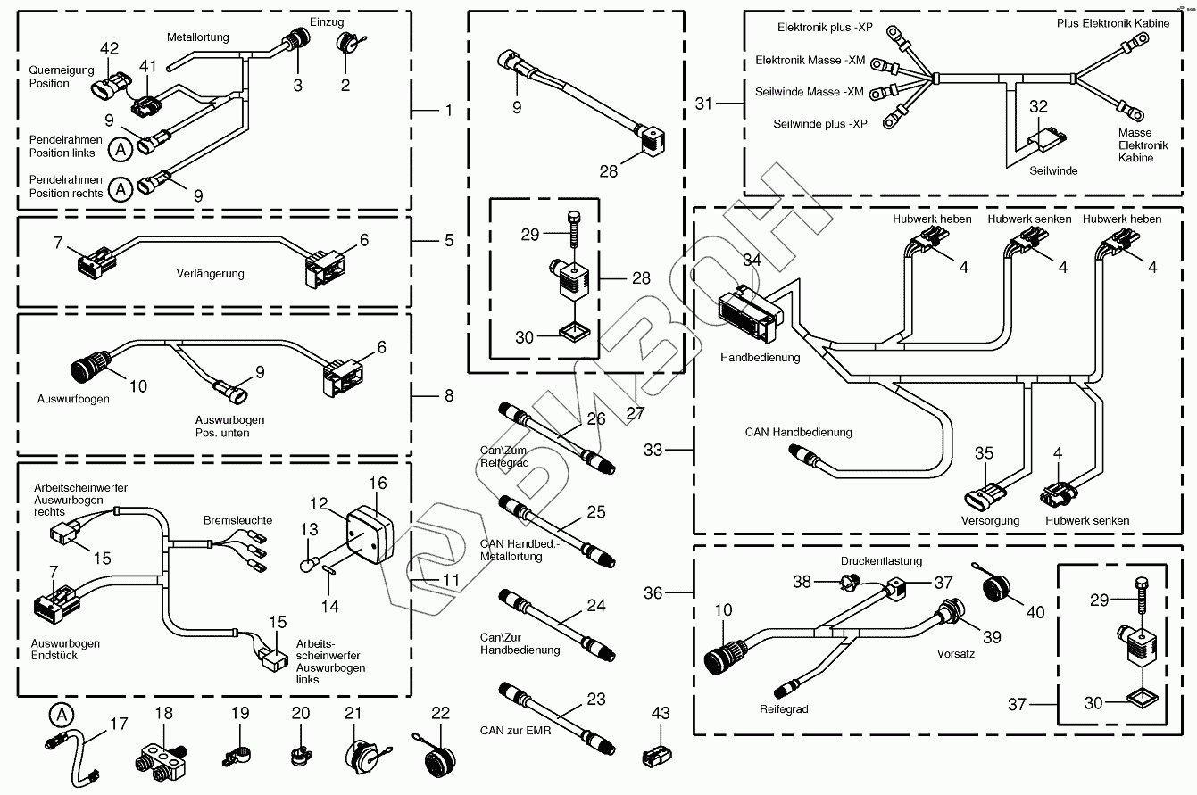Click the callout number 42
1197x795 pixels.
pyautogui.click(x=109, y=48)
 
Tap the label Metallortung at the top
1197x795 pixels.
pyautogui.click(x=197, y=37)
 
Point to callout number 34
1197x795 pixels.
pyautogui.click(x=752, y=261)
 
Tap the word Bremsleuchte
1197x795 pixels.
pyautogui.click(x=237, y=520)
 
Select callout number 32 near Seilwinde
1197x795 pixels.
pyautogui.click(x=1038, y=107)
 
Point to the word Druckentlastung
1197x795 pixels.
pyautogui.click(x=880, y=561)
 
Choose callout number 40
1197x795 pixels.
pyautogui.click(x=1035, y=612)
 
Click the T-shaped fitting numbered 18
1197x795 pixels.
pyautogui.click(x=162, y=761)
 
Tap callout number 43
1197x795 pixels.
pyautogui.click(x=660, y=714)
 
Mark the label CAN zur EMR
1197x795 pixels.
pyautogui.click(x=515, y=732)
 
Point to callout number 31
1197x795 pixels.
pyautogui.click(x=705, y=105)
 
